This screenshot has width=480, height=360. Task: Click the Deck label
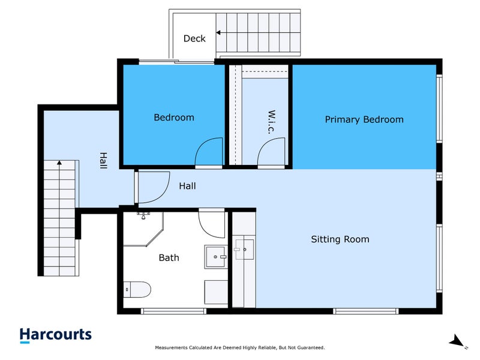click(x=194, y=38)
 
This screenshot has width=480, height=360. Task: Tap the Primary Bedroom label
click(x=364, y=119)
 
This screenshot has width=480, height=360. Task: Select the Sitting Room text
click(x=340, y=239)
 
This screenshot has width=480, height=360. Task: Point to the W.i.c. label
click(x=272, y=122)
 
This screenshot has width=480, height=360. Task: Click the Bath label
click(x=169, y=258)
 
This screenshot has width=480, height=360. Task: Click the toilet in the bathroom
click(x=137, y=290)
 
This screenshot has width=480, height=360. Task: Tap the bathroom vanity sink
click(x=216, y=257)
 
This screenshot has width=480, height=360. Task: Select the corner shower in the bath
click(x=143, y=229)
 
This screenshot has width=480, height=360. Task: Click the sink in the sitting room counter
click(x=244, y=250)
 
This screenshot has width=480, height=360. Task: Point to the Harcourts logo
click(x=55, y=335)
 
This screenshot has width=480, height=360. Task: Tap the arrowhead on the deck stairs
click(x=218, y=32)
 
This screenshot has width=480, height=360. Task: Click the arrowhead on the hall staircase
click(x=59, y=163)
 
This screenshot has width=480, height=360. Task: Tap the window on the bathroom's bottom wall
click(x=173, y=311)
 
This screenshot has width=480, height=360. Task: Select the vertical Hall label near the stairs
click(x=103, y=161)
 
